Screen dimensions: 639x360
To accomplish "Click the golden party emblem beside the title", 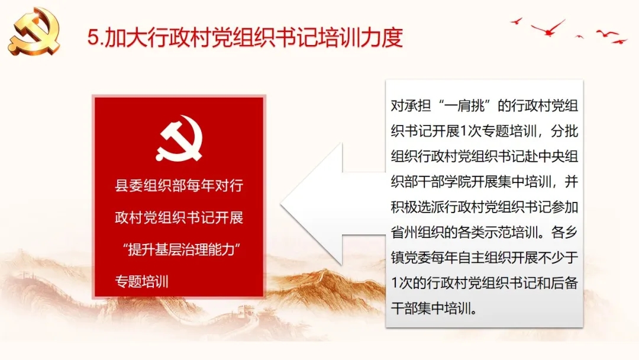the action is point(35,31).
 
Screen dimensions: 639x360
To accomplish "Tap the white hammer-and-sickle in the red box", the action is point(179,138).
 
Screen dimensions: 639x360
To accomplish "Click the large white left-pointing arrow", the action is point(332,204).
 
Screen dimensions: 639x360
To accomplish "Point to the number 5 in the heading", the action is point(93,37).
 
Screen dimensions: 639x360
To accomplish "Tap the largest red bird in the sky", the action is point(548,28).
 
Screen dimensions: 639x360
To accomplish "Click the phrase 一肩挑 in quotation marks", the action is point(464,106).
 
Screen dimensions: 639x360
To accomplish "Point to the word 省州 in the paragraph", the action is point(404,232).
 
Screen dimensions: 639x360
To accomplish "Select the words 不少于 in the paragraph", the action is point(558,258).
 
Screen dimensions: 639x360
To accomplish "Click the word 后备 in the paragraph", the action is point(564,283).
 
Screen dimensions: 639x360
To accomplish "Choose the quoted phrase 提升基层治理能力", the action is point(182,249).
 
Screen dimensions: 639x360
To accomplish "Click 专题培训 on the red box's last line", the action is point(142,281).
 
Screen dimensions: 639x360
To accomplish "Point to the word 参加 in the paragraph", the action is point(564,207).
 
